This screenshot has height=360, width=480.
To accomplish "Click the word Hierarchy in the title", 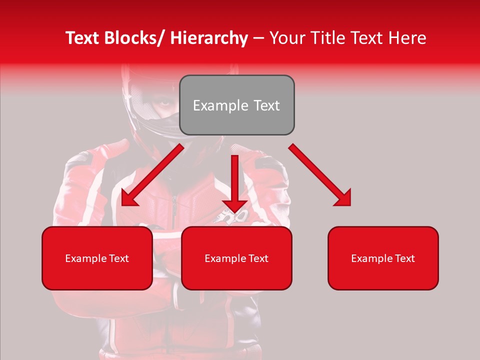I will (x=209, y=38).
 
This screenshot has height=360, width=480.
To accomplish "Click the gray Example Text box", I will (x=236, y=105).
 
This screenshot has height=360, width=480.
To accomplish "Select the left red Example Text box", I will (x=97, y=258).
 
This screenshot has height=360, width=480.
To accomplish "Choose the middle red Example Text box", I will (x=236, y=258).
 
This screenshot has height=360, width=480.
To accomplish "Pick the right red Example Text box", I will (x=383, y=258).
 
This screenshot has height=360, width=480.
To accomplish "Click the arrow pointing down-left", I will (x=152, y=175).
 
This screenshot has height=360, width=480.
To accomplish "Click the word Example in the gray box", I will (x=220, y=106).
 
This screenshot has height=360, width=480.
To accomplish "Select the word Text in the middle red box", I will (x=257, y=258).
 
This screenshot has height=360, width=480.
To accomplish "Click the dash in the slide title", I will (x=258, y=39).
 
